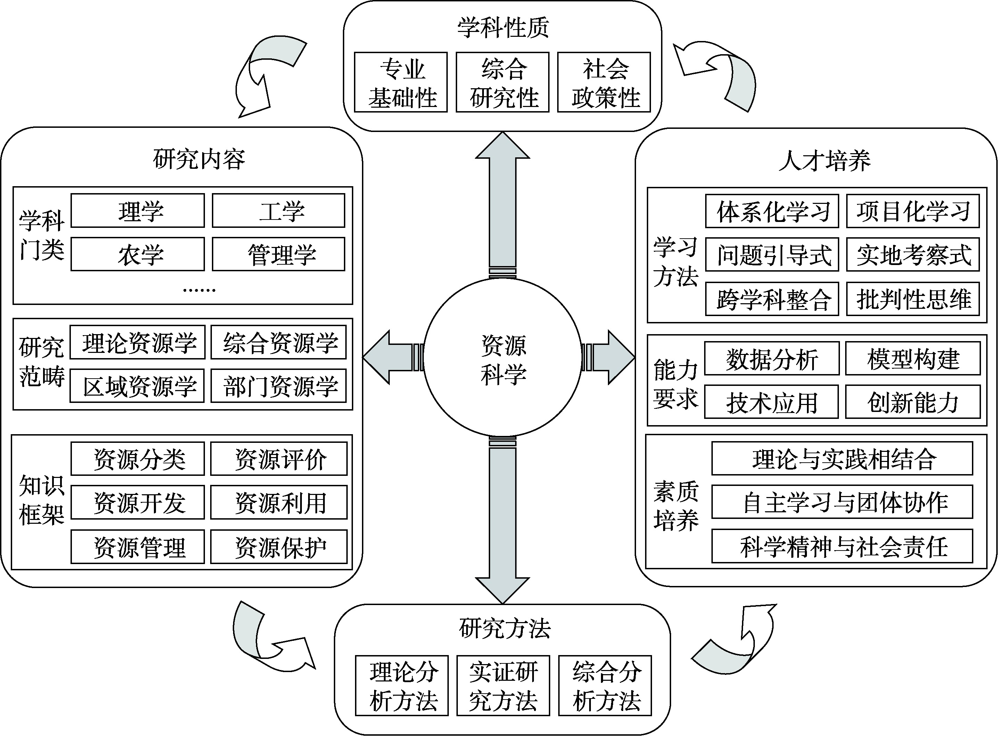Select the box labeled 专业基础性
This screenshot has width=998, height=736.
pos(401,82)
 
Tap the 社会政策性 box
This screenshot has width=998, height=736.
pos(604,82)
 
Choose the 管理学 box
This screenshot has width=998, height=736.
pos(279,254)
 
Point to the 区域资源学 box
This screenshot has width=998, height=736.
pos(137,386)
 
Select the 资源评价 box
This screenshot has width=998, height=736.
pos(279,459)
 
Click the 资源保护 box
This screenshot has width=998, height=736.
pos(279,547)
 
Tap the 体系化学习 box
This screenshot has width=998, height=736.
pos(772,211)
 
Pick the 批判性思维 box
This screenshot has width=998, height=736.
pos(913,299)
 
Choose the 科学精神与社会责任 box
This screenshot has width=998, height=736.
pos(842,547)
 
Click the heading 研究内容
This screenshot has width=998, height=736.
pos(199,159)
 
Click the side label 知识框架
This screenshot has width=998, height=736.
pos(41,500)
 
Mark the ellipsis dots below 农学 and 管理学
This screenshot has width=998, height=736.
pos(199,290)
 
